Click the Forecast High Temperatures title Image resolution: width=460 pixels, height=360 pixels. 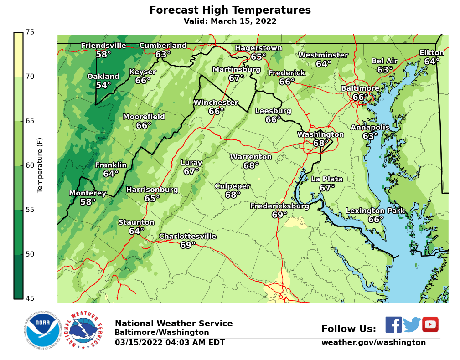point(230,10)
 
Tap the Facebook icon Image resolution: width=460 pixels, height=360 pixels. point(393,324)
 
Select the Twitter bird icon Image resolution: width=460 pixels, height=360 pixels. point(412,324)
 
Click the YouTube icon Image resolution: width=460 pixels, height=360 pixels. point(430,324)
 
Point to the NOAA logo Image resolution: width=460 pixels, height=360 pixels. point(43,330)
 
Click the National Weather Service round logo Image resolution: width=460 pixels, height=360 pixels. point(85,330)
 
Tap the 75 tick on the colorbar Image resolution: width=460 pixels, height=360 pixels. point(30,32)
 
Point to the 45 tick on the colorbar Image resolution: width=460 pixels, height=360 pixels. point(30,298)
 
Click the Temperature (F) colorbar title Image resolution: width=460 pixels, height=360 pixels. point(40,165)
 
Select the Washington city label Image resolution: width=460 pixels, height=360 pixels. point(320,134)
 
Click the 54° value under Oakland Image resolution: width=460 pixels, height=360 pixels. point(103,85)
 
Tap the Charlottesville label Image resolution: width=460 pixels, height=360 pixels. point(187,237)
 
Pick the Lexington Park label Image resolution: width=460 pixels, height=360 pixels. point(375,211)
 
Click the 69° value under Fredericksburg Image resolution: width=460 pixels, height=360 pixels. point(279,215)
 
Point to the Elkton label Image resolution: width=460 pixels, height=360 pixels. point(432,53)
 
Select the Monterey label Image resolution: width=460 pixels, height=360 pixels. point(88,193)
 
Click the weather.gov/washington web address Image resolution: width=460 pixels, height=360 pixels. point(373,343)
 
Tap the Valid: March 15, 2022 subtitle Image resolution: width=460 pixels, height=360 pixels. point(230,21)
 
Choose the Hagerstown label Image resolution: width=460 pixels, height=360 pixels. point(258,48)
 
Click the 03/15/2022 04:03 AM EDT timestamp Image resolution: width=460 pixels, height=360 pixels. point(170,343)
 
